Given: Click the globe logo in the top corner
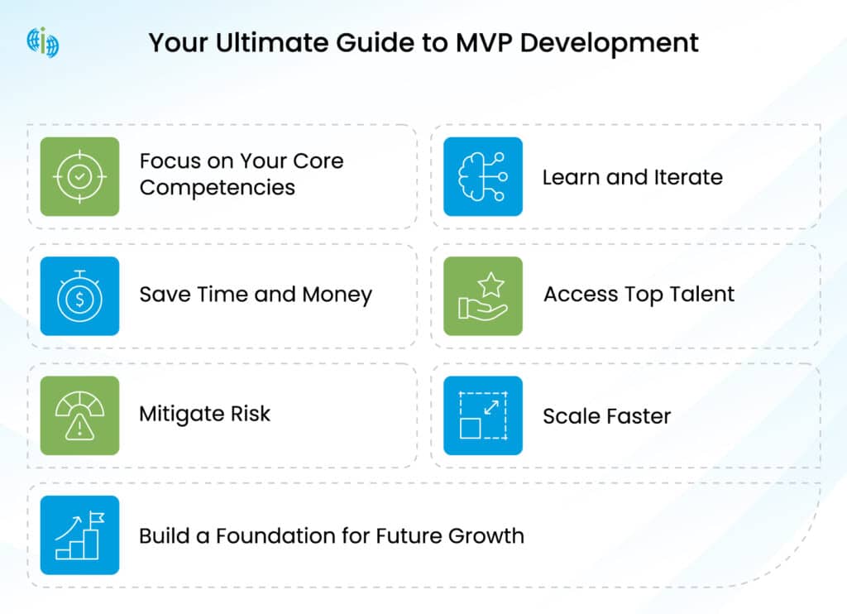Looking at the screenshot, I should tap(42, 41).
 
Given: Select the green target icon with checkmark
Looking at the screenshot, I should tap(79, 176).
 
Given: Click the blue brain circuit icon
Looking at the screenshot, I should tap(483, 176).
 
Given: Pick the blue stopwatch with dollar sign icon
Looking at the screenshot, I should tap(79, 296).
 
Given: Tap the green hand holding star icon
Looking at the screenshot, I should tap(483, 296).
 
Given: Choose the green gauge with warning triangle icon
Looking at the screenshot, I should tap(79, 415).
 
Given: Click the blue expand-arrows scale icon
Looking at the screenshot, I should tap(483, 415).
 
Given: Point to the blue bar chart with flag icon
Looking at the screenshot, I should tap(79, 535).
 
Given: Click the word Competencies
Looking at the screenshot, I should tap(217, 188).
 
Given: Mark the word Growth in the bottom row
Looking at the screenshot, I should tap(486, 535).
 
